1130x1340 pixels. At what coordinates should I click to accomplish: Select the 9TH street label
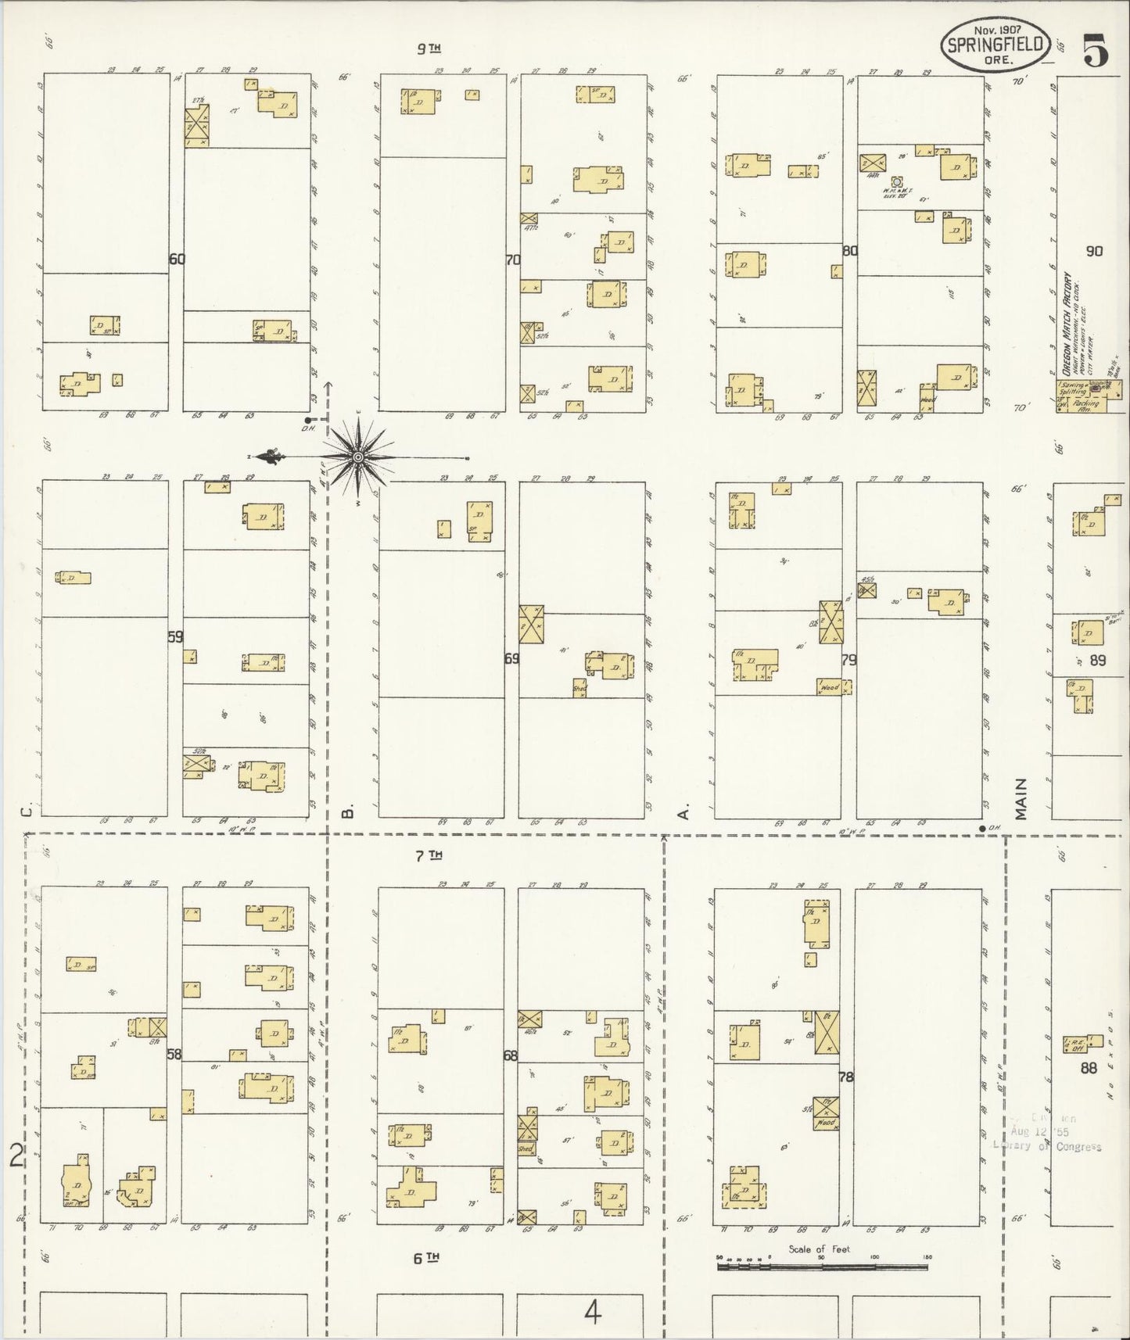[x=429, y=48]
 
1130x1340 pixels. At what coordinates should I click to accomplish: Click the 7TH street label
[x=429, y=855]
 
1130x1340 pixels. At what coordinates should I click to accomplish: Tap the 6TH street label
[x=429, y=1258]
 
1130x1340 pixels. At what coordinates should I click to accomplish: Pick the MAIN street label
[x=1021, y=799]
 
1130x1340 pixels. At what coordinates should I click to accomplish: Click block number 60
[x=177, y=259]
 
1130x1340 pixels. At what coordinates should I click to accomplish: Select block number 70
[x=512, y=260]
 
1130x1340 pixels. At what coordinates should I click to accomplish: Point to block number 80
[x=850, y=251]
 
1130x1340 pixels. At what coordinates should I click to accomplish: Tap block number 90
[x=1093, y=251]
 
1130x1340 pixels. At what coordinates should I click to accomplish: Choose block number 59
[x=175, y=636]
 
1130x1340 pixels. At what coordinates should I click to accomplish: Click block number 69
[x=511, y=658]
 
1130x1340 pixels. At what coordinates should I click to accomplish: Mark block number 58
[x=174, y=1054]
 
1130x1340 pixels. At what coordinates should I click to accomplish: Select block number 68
[x=510, y=1055]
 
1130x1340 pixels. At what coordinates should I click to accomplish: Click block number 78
[x=845, y=1077]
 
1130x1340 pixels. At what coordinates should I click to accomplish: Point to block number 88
[x=1089, y=1068]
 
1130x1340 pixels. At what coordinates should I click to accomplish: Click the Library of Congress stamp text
[x=1048, y=1146]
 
